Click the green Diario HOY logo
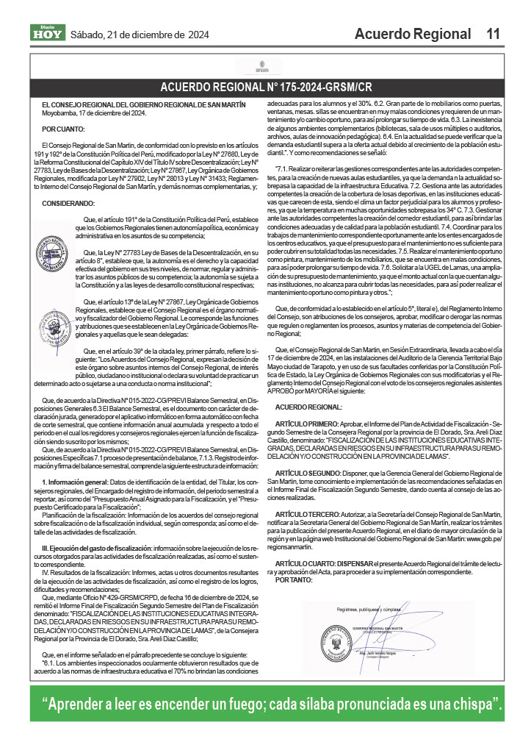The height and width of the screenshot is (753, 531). pos(46,32)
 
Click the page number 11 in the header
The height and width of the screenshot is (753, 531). pos(493,34)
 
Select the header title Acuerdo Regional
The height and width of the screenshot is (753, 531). pos(412,34)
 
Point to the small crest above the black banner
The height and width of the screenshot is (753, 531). pos(266,68)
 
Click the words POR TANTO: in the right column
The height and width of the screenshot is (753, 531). pos(293,580)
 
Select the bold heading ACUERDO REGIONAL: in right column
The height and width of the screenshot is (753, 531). pos(308,407)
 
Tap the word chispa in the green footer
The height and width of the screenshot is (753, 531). pos(472,704)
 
